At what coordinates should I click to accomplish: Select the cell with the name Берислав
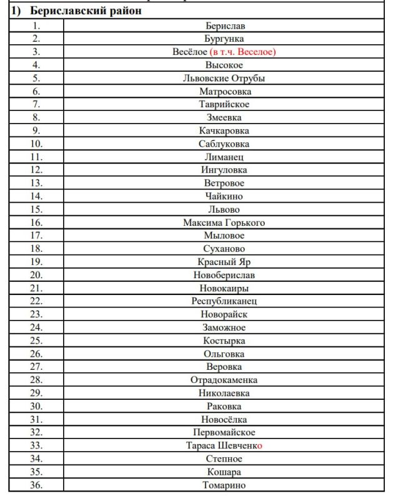pyautogui.click(x=224, y=26)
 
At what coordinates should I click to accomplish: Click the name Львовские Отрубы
pyautogui.click(x=224, y=78)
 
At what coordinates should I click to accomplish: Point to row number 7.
pyautogui.click(x=36, y=104)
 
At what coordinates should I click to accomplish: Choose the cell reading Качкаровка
pyautogui.click(x=224, y=130)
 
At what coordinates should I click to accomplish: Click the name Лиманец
pyautogui.click(x=224, y=157)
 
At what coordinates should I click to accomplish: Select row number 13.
pyautogui.click(x=36, y=183)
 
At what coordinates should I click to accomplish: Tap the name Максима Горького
pyautogui.click(x=224, y=222)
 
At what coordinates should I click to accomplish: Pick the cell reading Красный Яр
pyautogui.click(x=224, y=261)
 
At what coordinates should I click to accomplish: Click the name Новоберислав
pyautogui.click(x=224, y=274)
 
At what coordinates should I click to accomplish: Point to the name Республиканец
pyautogui.click(x=224, y=301)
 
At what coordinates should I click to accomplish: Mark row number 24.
pyautogui.click(x=36, y=327)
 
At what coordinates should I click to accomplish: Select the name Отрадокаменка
pyautogui.click(x=224, y=379)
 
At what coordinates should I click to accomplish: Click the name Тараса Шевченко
pyautogui.click(x=224, y=445)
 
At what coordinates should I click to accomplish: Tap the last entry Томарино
pyautogui.click(x=224, y=485)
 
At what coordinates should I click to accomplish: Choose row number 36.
pyautogui.click(x=36, y=485)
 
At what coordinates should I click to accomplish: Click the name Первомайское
pyautogui.click(x=224, y=432)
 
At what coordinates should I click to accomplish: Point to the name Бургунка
pyautogui.click(x=224, y=39)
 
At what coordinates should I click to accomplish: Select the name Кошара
pyautogui.click(x=224, y=472)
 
